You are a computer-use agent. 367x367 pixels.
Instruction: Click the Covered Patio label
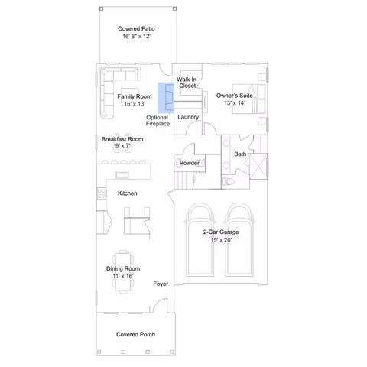point(136,28)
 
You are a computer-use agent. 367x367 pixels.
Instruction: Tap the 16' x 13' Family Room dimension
point(135,104)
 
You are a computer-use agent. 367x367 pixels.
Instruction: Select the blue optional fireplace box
point(166,98)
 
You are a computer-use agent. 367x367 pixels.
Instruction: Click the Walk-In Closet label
point(187,83)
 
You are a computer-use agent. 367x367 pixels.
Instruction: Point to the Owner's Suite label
point(235,96)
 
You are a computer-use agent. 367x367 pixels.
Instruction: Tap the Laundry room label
point(188,117)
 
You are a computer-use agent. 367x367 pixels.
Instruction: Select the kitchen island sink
point(122,174)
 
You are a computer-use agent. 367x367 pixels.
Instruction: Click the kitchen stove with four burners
point(102,193)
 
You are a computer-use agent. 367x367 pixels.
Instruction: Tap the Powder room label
point(190,163)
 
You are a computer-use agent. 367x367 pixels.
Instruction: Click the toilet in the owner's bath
point(229,181)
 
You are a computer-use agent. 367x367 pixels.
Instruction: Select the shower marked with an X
point(258,167)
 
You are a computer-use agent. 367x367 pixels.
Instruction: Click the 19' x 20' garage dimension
point(221,240)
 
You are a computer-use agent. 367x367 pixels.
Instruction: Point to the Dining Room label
point(123,268)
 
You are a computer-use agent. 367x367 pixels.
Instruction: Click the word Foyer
point(161,284)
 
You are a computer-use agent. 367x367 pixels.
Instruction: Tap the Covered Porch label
point(135,334)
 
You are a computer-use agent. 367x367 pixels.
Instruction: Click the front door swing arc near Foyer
point(158,301)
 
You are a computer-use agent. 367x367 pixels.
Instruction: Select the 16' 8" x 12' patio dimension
point(136,36)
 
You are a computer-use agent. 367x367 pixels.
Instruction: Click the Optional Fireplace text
point(158,121)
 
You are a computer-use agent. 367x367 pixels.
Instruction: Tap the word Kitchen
point(128,193)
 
